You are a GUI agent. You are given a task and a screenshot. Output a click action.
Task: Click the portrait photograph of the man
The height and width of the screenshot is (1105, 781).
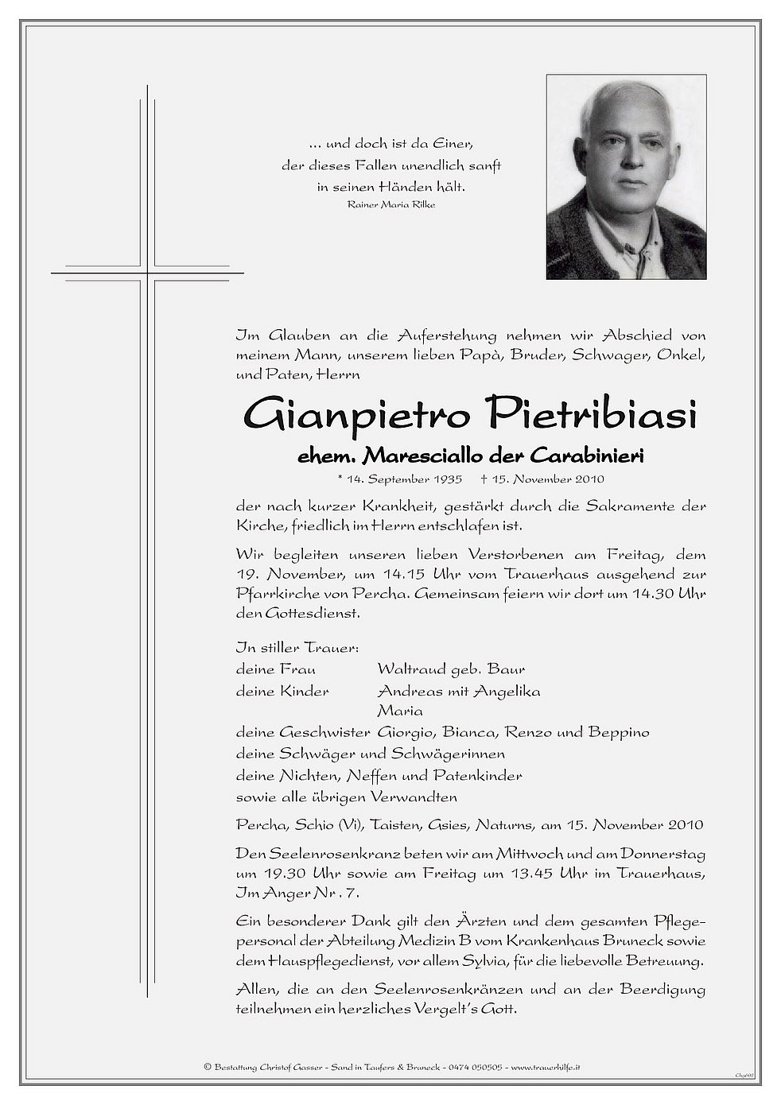(626, 176)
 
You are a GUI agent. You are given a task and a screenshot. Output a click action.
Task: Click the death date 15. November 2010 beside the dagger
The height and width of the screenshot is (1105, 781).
(549, 479)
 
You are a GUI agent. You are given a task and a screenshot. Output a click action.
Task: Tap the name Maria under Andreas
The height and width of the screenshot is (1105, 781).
(400, 711)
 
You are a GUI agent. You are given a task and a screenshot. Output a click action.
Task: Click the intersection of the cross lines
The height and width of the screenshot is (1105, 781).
(147, 273)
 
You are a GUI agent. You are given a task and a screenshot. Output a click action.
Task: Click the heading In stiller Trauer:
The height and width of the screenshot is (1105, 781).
(275, 648)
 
